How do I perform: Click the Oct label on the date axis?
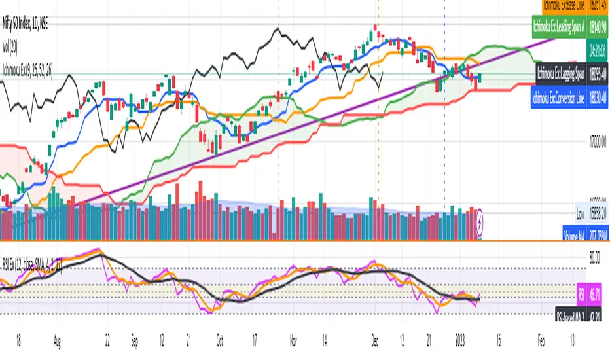click(220, 340)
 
